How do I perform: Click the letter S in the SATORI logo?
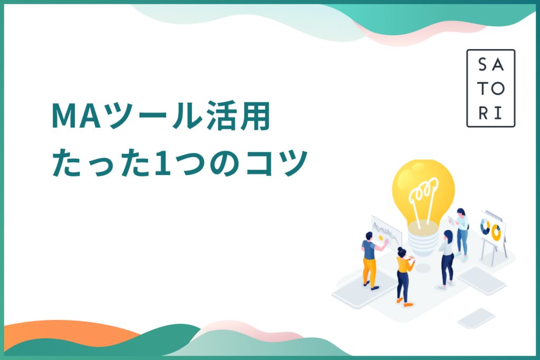[x=483, y=64]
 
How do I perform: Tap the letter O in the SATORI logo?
[x=498, y=89]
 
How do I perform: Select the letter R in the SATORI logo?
[x=483, y=113]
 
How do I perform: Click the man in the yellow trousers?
[x=371, y=260]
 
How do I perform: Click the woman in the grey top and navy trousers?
[x=447, y=258]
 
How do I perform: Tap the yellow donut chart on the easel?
[x=496, y=232]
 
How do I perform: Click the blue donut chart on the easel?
[x=485, y=227]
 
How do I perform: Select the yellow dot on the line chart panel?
[x=381, y=238]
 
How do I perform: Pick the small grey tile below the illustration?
[x=476, y=318]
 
